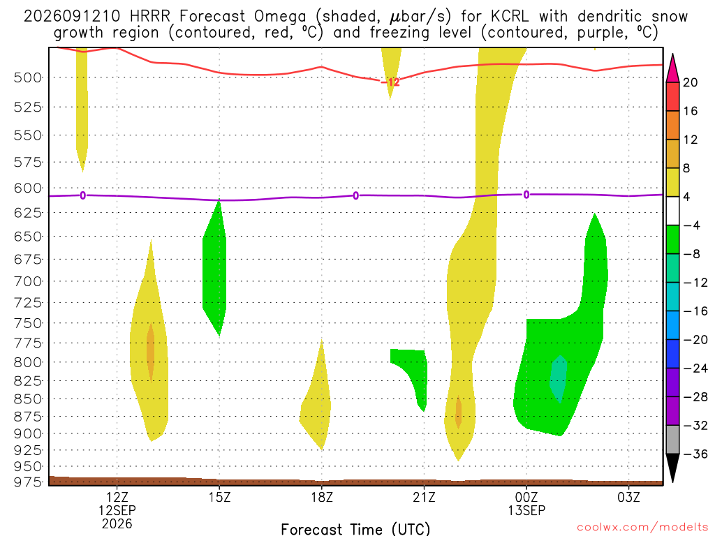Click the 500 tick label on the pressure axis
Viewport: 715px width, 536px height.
point(28,77)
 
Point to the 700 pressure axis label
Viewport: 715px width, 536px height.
point(28,281)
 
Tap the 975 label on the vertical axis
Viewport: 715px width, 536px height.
point(28,482)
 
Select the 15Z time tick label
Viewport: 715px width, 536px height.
point(219,497)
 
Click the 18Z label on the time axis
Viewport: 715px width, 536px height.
point(322,497)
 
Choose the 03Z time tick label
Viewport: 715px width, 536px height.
point(629,497)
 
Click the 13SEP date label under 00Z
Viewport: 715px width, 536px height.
point(526,510)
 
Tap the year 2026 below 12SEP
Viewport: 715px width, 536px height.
point(117,523)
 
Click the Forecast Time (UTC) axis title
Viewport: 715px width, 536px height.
point(355,529)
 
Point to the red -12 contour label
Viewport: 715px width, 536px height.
point(391,82)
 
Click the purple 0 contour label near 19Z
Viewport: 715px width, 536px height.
point(355,196)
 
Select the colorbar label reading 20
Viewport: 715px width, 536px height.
point(691,82)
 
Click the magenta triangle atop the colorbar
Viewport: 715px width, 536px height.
point(672,69)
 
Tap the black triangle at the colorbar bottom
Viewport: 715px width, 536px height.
point(672,468)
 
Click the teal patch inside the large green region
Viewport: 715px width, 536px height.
point(559,379)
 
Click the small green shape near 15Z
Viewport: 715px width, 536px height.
point(215,269)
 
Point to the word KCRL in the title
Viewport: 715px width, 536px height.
point(510,17)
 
